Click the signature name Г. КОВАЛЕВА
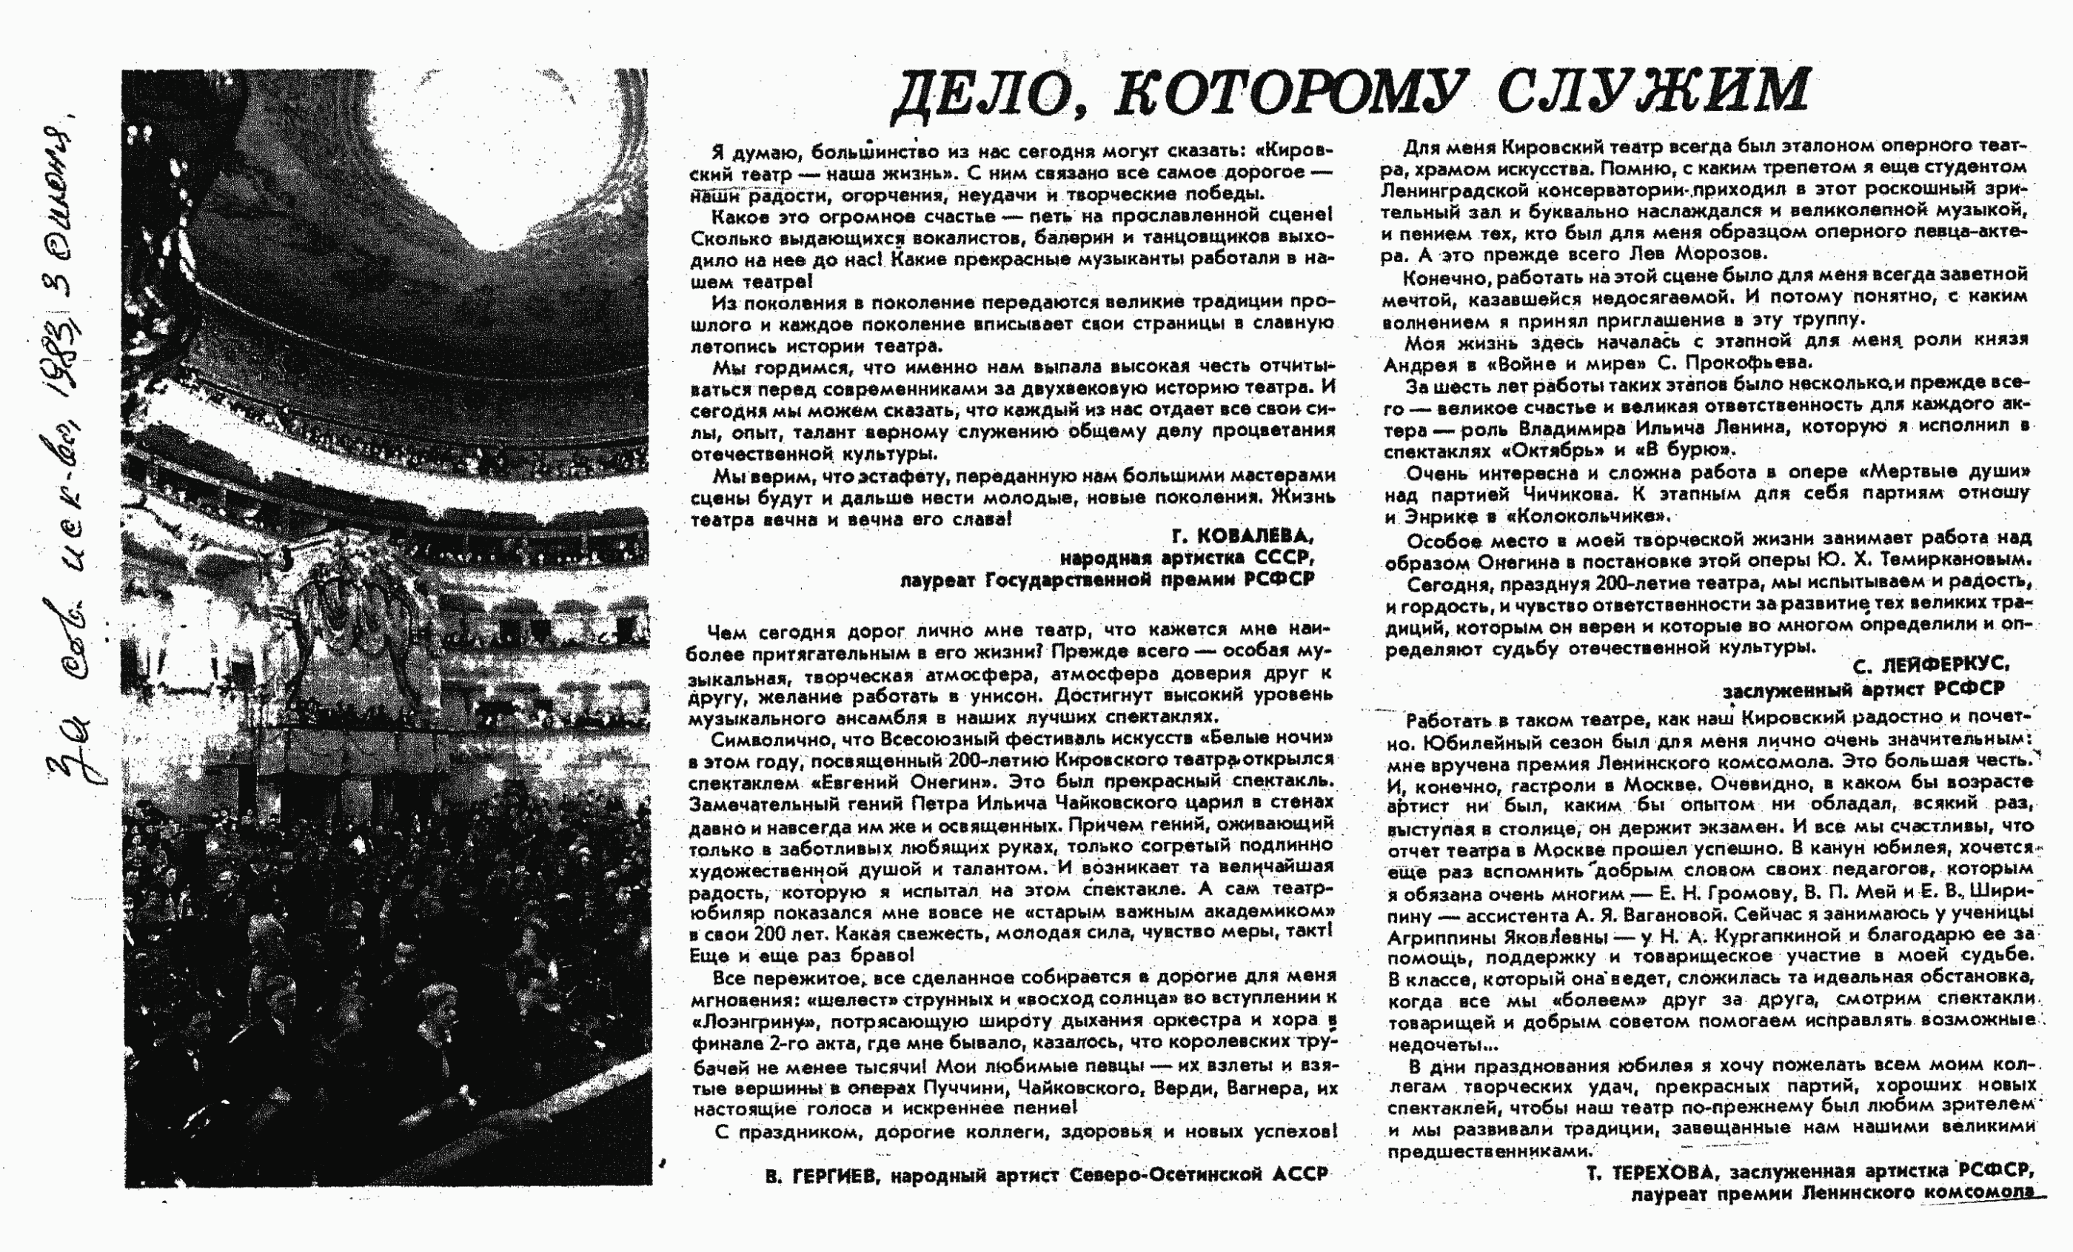coord(1242,536)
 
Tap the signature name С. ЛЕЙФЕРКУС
coord(1931,666)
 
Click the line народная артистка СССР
coord(1185,558)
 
